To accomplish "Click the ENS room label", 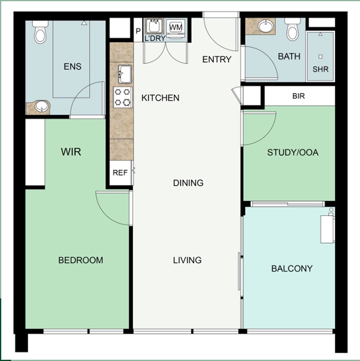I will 73,66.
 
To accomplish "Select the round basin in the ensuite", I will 41,107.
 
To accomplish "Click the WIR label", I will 71,152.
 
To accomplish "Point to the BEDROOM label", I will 81,260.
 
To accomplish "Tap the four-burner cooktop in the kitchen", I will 123,97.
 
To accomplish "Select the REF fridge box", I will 120,173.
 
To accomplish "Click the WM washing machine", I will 176,28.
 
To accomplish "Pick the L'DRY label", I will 155,38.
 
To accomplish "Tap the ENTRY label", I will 217,60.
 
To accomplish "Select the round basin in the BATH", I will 266,27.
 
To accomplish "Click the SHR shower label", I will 320,69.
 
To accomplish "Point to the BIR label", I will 299,97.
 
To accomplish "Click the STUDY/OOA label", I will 292,153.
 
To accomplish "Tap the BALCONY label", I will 292,269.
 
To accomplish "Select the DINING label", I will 188,183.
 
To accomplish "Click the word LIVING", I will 187,260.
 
